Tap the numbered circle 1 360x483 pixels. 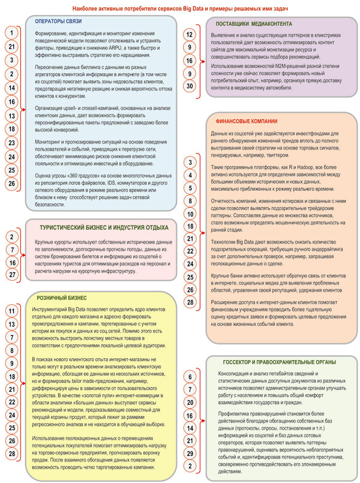[x=11, y=32]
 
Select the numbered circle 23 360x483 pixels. [x=11, y=143]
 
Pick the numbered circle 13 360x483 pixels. [x=11, y=115]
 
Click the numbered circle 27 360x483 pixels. [x=11, y=275]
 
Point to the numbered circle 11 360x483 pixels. [x=11, y=311]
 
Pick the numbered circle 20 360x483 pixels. [x=189, y=401]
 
